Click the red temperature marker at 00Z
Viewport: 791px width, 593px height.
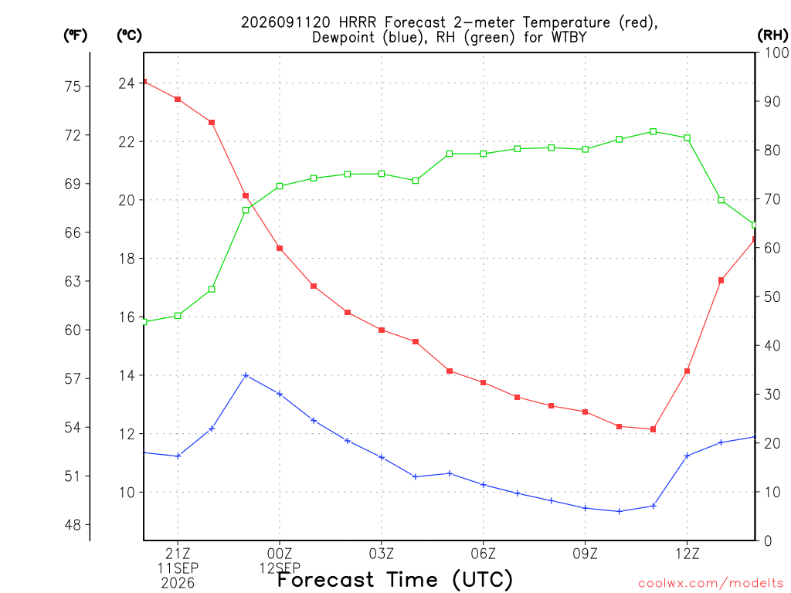pyautogui.click(x=280, y=248)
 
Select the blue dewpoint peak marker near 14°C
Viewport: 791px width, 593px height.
pyautogui.click(x=246, y=375)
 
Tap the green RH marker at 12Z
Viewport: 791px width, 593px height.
pyautogui.click(x=687, y=137)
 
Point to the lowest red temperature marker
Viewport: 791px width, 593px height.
pyautogui.click(x=653, y=429)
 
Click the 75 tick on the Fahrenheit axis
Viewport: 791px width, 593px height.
pyautogui.click(x=73, y=86)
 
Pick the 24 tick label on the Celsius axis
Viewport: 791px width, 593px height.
pyautogui.click(x=127, y=83)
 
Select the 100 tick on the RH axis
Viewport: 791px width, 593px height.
pyautogui.click(x=777, y=53)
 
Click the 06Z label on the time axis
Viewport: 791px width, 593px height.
pyautogui.click(x=484, y=554)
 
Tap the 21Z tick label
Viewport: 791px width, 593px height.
pyautogui.click(x=178, y=554)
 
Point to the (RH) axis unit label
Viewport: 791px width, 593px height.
pyautogui.click(x=772, y=35)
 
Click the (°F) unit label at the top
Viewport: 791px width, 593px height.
pyautogui.click(x=76, y=36)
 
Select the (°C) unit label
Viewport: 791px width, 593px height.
pyautogui.click(x=129, y=36)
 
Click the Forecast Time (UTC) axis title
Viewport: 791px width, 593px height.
pyautogui.click(x=395, y=579)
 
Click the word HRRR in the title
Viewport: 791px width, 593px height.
pyautogui.click(x=358, y=22)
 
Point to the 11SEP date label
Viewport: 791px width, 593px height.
pyautogui.click(x=178, y=568)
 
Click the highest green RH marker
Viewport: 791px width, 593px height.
pyautogui.click(x=653, y=131)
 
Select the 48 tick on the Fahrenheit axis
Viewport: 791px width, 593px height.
pyautogui.click(x=73, y=525)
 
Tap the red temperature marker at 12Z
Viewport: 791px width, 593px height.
pyautogui.click(x=687, y=371)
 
